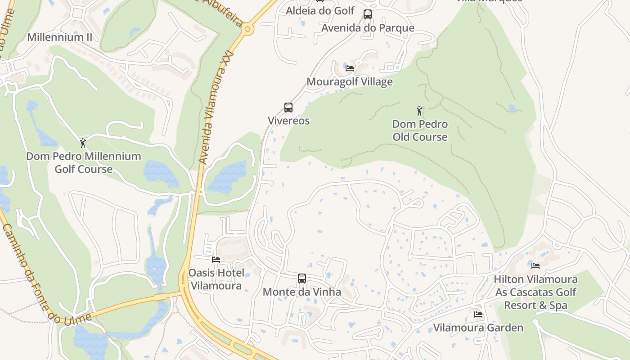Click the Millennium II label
pos(60,37)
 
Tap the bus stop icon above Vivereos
pos(288,108)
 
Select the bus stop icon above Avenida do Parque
pos(368,14)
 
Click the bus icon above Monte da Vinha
pos(302,279)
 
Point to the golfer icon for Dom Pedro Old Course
pos(420,110)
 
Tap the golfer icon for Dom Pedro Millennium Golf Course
pos(83,143)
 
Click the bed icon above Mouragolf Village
pos(350,68)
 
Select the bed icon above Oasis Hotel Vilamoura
pos(216,260)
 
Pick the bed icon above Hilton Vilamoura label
pos(535,266)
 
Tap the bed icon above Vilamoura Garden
pos(478,314)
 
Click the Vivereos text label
pos(289,121)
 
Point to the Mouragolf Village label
pos(350,82)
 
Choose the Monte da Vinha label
pos(302,292)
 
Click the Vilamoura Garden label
pos(478,328)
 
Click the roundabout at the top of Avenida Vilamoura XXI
pos(247,30)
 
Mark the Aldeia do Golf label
pos(320,10)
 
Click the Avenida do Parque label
pos(368,28)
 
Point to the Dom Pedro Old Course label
pos(420,130)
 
